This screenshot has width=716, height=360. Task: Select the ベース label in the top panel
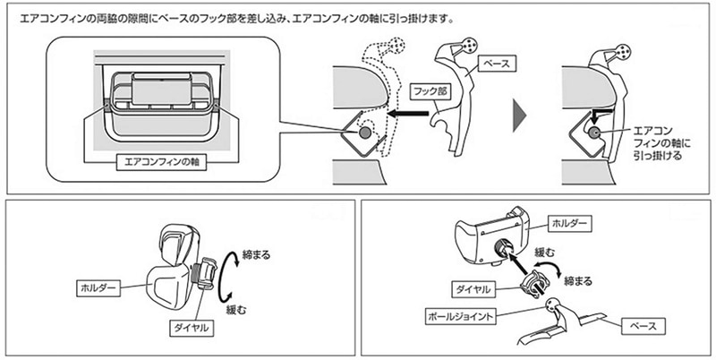point(495,65)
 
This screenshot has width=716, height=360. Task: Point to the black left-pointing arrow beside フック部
point(402,115)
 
